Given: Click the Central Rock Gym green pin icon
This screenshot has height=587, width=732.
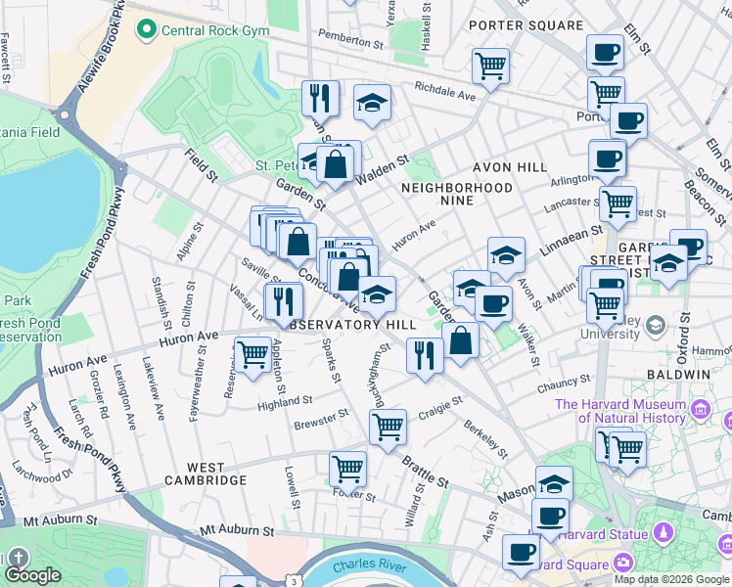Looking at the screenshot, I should (x=148, y=30).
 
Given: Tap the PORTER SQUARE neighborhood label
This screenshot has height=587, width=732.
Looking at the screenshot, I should (x=519, y=24).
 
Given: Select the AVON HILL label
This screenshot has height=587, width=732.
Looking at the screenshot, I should (x=508, y=167).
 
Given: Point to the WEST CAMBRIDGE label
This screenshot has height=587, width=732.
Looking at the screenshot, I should (x=205, y=480).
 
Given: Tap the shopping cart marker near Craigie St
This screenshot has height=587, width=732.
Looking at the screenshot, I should (x=389, y=427).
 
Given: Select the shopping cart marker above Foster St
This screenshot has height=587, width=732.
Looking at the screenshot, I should (x=347, y=470).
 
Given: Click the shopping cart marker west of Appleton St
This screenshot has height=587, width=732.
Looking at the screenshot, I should (x=253, y=353).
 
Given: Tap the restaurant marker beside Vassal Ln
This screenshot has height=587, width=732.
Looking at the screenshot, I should (x=284, y=300).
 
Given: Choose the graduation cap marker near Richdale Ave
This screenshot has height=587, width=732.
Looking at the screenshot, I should (x=372, y=103).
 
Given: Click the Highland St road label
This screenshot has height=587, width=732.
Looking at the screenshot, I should (x=285, y=401).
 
